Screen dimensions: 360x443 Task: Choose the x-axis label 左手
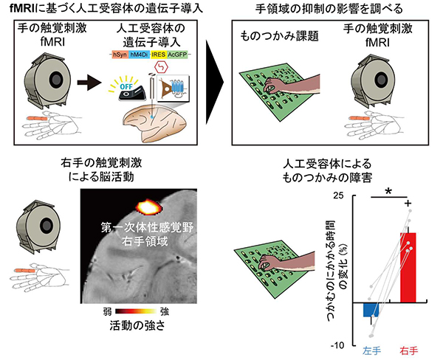[371, 349]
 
